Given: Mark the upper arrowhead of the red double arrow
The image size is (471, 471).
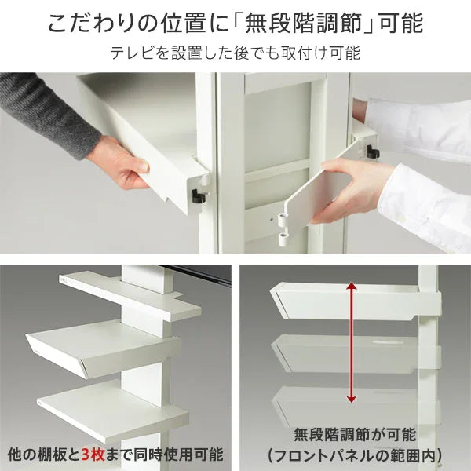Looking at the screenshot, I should point(352,287).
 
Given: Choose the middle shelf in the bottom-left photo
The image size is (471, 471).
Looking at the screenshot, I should point(94,345).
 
